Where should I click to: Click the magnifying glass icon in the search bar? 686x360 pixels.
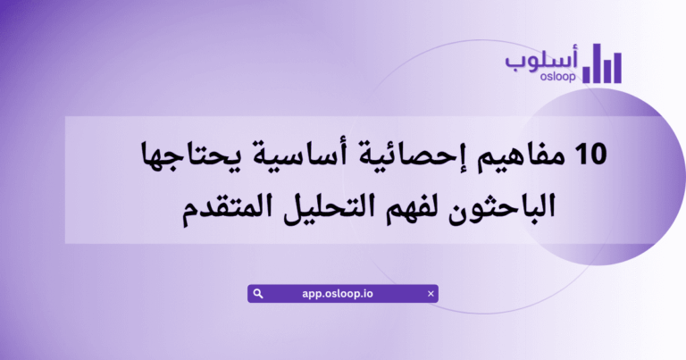(257, 293)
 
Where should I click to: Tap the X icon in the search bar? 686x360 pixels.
(431, 293)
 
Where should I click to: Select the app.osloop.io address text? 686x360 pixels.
(344, 293)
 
